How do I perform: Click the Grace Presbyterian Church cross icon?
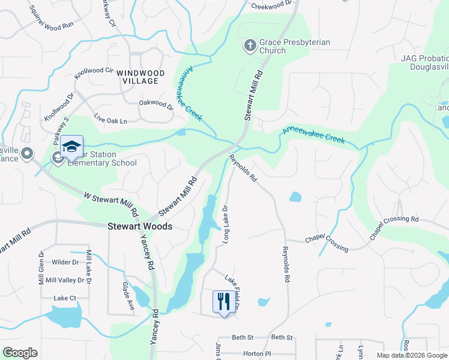[x=250, y=46]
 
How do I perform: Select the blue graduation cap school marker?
[x=71, y=146]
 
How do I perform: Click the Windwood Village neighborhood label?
[x=140, y=76]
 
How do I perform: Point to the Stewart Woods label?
[x=140, y=227]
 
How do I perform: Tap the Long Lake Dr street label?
[x=226, y=224]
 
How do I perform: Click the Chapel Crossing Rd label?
[x=394, y=227]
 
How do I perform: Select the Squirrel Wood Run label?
[x=51, y=25]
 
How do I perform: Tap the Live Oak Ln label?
[x=110, y=121]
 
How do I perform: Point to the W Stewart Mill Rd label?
[x=111, y=204]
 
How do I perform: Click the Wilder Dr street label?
[x=65, y=262]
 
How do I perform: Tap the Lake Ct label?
[x=65, y=298]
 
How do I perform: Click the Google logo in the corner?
[x=20, y=353]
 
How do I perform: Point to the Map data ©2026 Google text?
[x=412, y=355]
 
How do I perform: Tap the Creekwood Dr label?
[x=274, y=5]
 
